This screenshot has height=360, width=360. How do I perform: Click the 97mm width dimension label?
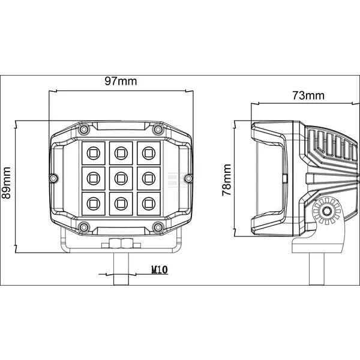click(x=121, y=81)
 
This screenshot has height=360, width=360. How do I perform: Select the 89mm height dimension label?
click(x=6, y=183)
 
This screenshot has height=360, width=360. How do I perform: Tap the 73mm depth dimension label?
click(x=308, y=95)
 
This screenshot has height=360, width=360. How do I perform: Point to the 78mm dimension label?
click(x=227, y=180)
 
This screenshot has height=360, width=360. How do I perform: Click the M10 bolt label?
click(x=160, y=269)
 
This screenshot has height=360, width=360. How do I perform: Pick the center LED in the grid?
click(x=121, y=178)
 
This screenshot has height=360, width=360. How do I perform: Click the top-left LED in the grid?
click(x=94, y=153)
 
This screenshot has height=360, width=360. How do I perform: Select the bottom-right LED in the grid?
click(x=149, y=203)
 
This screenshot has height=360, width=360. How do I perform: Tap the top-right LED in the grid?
click(x=149, y=153)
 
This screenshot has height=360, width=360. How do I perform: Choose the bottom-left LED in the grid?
click(x=94, y=203)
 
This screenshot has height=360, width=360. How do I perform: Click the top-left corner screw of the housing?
click(x=84, y=129)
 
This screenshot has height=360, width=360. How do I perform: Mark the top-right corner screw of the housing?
click(x=158, y=129)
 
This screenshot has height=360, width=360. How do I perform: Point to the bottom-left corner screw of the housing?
click(x=84, y=227)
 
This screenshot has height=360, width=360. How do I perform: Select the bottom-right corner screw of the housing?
click(x=158, y=227)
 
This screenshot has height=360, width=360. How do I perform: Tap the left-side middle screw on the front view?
click(x=53, y=178)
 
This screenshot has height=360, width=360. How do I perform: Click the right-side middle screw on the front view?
click(x=189, y=178)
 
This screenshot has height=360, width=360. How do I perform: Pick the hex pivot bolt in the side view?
click(x=326, y=211)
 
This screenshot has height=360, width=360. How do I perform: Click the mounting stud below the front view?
click(x=121, y=269)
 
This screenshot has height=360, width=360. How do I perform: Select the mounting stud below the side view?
click(x=317, y=269)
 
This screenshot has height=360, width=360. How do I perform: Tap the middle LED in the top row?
click(x=121, y=153)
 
